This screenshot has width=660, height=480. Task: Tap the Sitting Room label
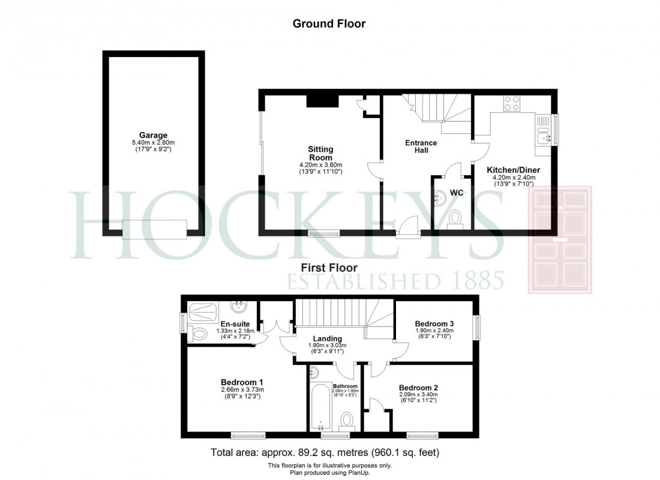[x=321, y=153]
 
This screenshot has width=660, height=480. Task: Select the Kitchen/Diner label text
[x=512, y=170]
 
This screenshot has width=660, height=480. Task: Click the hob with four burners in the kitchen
[x=512, y=103]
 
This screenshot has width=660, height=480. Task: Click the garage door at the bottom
[x=154, y=228]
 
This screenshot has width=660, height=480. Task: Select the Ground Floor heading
[x=329, y=24]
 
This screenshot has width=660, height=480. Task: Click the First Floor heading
[x=329, y=268]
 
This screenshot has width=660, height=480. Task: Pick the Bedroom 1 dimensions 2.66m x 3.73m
[x=242, y=390]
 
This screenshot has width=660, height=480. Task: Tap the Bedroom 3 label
[x=434, y=323]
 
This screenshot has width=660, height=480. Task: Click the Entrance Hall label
[x=421, y=146]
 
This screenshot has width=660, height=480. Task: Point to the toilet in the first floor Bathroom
[x=347, y=418]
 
